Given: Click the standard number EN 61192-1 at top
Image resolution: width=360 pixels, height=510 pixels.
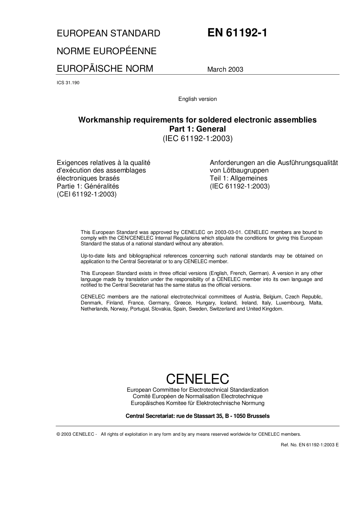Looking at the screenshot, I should coord(237,33).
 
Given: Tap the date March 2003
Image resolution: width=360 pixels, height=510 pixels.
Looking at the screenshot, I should coord(225,69).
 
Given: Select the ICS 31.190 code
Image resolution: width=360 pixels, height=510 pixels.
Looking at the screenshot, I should coord(68,83).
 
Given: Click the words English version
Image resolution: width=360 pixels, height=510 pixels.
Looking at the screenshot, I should coord(197,99).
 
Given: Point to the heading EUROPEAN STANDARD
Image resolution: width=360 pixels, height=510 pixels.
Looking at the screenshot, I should coord(108,33).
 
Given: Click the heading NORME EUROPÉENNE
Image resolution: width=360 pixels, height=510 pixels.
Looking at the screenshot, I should coord(106,51).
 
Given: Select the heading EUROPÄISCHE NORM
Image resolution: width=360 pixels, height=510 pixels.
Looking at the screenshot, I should coord(105,69).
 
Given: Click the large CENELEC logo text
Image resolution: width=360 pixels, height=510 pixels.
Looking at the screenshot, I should coord(197,379).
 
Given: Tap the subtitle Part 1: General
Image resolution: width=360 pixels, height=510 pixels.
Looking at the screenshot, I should coord(197,129).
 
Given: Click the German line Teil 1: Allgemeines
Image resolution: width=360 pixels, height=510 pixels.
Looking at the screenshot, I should coord(239,178).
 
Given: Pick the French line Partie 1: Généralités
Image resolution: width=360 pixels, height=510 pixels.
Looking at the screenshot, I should coord(88,186).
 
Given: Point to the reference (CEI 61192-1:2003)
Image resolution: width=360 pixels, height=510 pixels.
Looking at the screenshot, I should coord(87,194).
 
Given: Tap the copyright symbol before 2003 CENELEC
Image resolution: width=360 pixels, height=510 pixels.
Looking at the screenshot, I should coord(58,434).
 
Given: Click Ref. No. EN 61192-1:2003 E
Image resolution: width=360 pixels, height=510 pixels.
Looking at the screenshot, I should coord(310,445).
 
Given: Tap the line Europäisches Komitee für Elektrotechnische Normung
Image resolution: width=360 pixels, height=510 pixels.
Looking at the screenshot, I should coord(197,403).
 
